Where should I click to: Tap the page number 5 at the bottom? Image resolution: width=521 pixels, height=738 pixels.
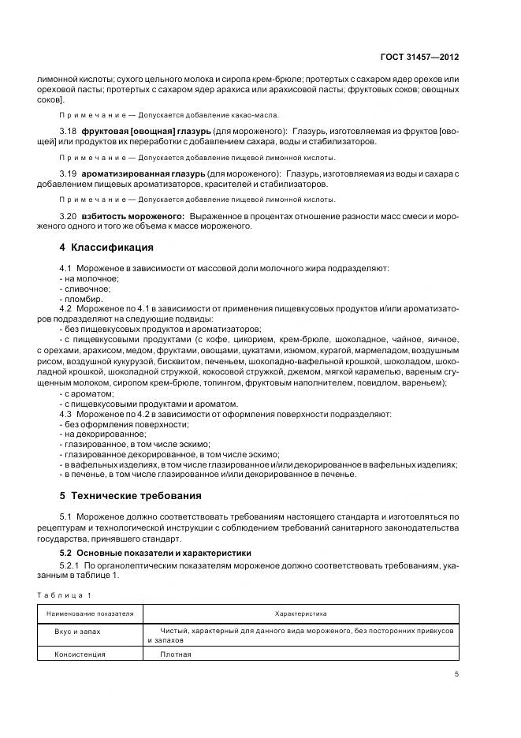(x=457, y=673)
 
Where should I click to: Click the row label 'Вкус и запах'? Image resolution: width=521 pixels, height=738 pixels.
(x=77, y=632)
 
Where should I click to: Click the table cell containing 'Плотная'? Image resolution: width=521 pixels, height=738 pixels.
(x=175, y=654)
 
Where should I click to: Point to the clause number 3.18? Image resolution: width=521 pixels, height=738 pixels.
(x=69, y=128)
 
